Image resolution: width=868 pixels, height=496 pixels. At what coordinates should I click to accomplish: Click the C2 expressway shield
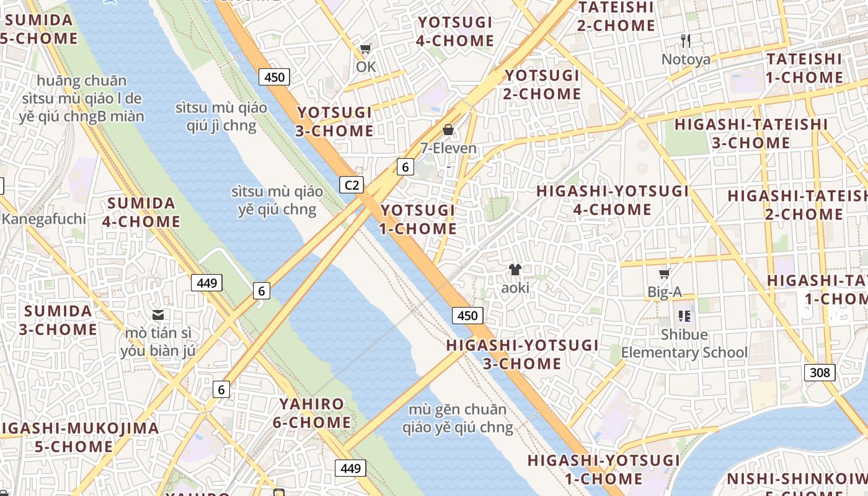tap(352, 185)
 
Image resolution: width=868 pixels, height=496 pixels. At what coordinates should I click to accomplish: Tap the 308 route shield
tap(820, 373)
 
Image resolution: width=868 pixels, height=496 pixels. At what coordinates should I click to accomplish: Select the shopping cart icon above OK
tap(366, 48)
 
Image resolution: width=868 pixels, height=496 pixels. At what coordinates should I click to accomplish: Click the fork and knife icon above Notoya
tap(686, 41)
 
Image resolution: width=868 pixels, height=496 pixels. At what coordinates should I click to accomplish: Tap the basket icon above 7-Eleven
tap(448, 130)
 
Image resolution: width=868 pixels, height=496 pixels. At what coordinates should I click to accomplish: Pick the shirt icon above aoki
tap(515, 270)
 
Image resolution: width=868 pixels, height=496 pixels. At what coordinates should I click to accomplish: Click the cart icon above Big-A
tap(664, 273)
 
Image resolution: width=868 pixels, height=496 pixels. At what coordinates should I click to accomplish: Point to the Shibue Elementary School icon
tap(684, 316)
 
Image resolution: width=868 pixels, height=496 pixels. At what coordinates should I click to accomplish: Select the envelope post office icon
tap(159, 315)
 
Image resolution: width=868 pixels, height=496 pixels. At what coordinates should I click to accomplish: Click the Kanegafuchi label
tap(43, 219)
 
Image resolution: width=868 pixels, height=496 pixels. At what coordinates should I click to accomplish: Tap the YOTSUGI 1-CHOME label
tap(418, 219)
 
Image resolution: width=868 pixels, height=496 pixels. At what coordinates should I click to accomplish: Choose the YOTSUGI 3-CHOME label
tap(335, 122)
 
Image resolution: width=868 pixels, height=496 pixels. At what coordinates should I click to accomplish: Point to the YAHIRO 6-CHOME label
tap(312, 414)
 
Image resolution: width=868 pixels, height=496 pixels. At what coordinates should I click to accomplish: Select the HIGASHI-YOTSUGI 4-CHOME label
tap(613, 200)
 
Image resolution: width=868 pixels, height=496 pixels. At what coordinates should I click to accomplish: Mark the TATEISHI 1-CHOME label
tap(805, 68)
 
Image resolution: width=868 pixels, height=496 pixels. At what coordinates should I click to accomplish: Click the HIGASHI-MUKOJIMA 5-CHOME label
tap(79, 437)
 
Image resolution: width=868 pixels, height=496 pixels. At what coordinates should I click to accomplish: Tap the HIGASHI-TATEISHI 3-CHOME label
tap(751, 133)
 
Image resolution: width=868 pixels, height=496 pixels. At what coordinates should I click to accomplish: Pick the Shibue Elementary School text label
tap(684, 344)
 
